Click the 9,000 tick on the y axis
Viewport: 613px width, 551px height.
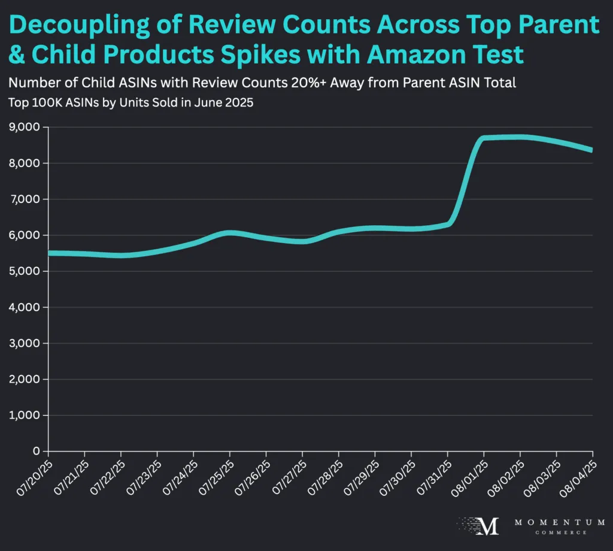tap(24, 127)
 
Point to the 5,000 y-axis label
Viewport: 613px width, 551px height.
tap(24, 271)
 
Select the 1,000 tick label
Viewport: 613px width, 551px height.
tap(24, 415)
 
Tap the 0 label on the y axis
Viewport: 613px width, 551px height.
tap(37, 451)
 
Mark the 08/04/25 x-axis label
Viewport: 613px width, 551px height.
tap(576, 476)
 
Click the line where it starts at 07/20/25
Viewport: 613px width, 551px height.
tap(49, 253)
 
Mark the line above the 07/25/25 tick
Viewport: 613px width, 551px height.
tap(230, 233)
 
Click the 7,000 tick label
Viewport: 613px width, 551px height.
tap(24, 199)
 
